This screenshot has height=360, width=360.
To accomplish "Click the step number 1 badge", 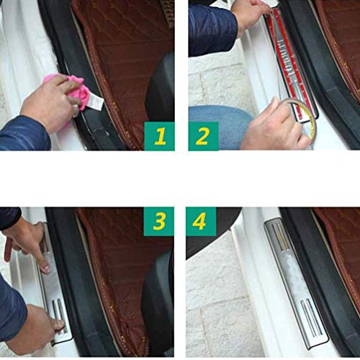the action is pyautogui.click(x=159, y=136).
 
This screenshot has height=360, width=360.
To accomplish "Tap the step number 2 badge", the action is pyautogui.click(x=203, y=136).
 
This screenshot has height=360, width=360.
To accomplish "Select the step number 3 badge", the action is pyautogui.click(x=158, y=221).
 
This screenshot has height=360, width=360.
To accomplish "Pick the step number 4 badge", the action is pyautogui.click(x=201, y=221).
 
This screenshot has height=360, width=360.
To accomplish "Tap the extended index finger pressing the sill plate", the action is pyautogui.click(x=42, y=261).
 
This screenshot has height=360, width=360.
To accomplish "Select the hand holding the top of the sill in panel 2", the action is pyautogui.click(x=250, y=17).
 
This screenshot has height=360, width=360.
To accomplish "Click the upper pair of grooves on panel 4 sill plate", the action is pyautogui.click(x=281, y=236).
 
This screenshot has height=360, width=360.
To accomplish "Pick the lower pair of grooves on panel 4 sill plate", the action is pyautogui.click(x=312, y=317).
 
